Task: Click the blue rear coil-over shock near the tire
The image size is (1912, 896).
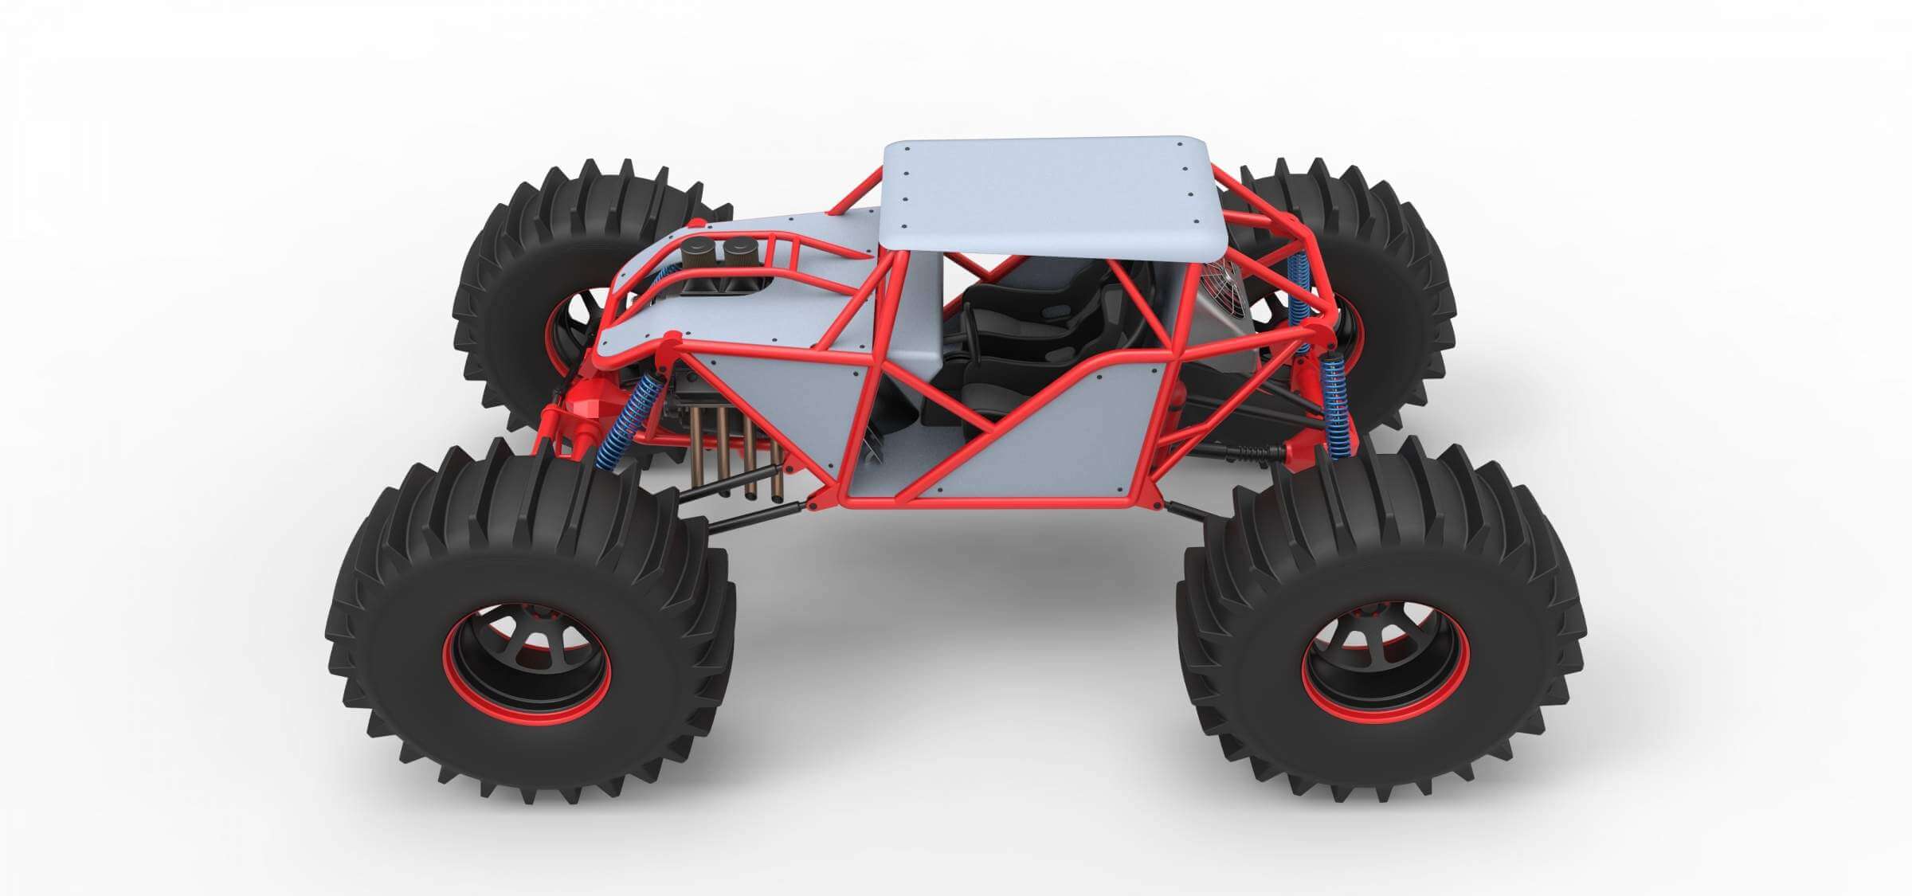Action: point(1334,406)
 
